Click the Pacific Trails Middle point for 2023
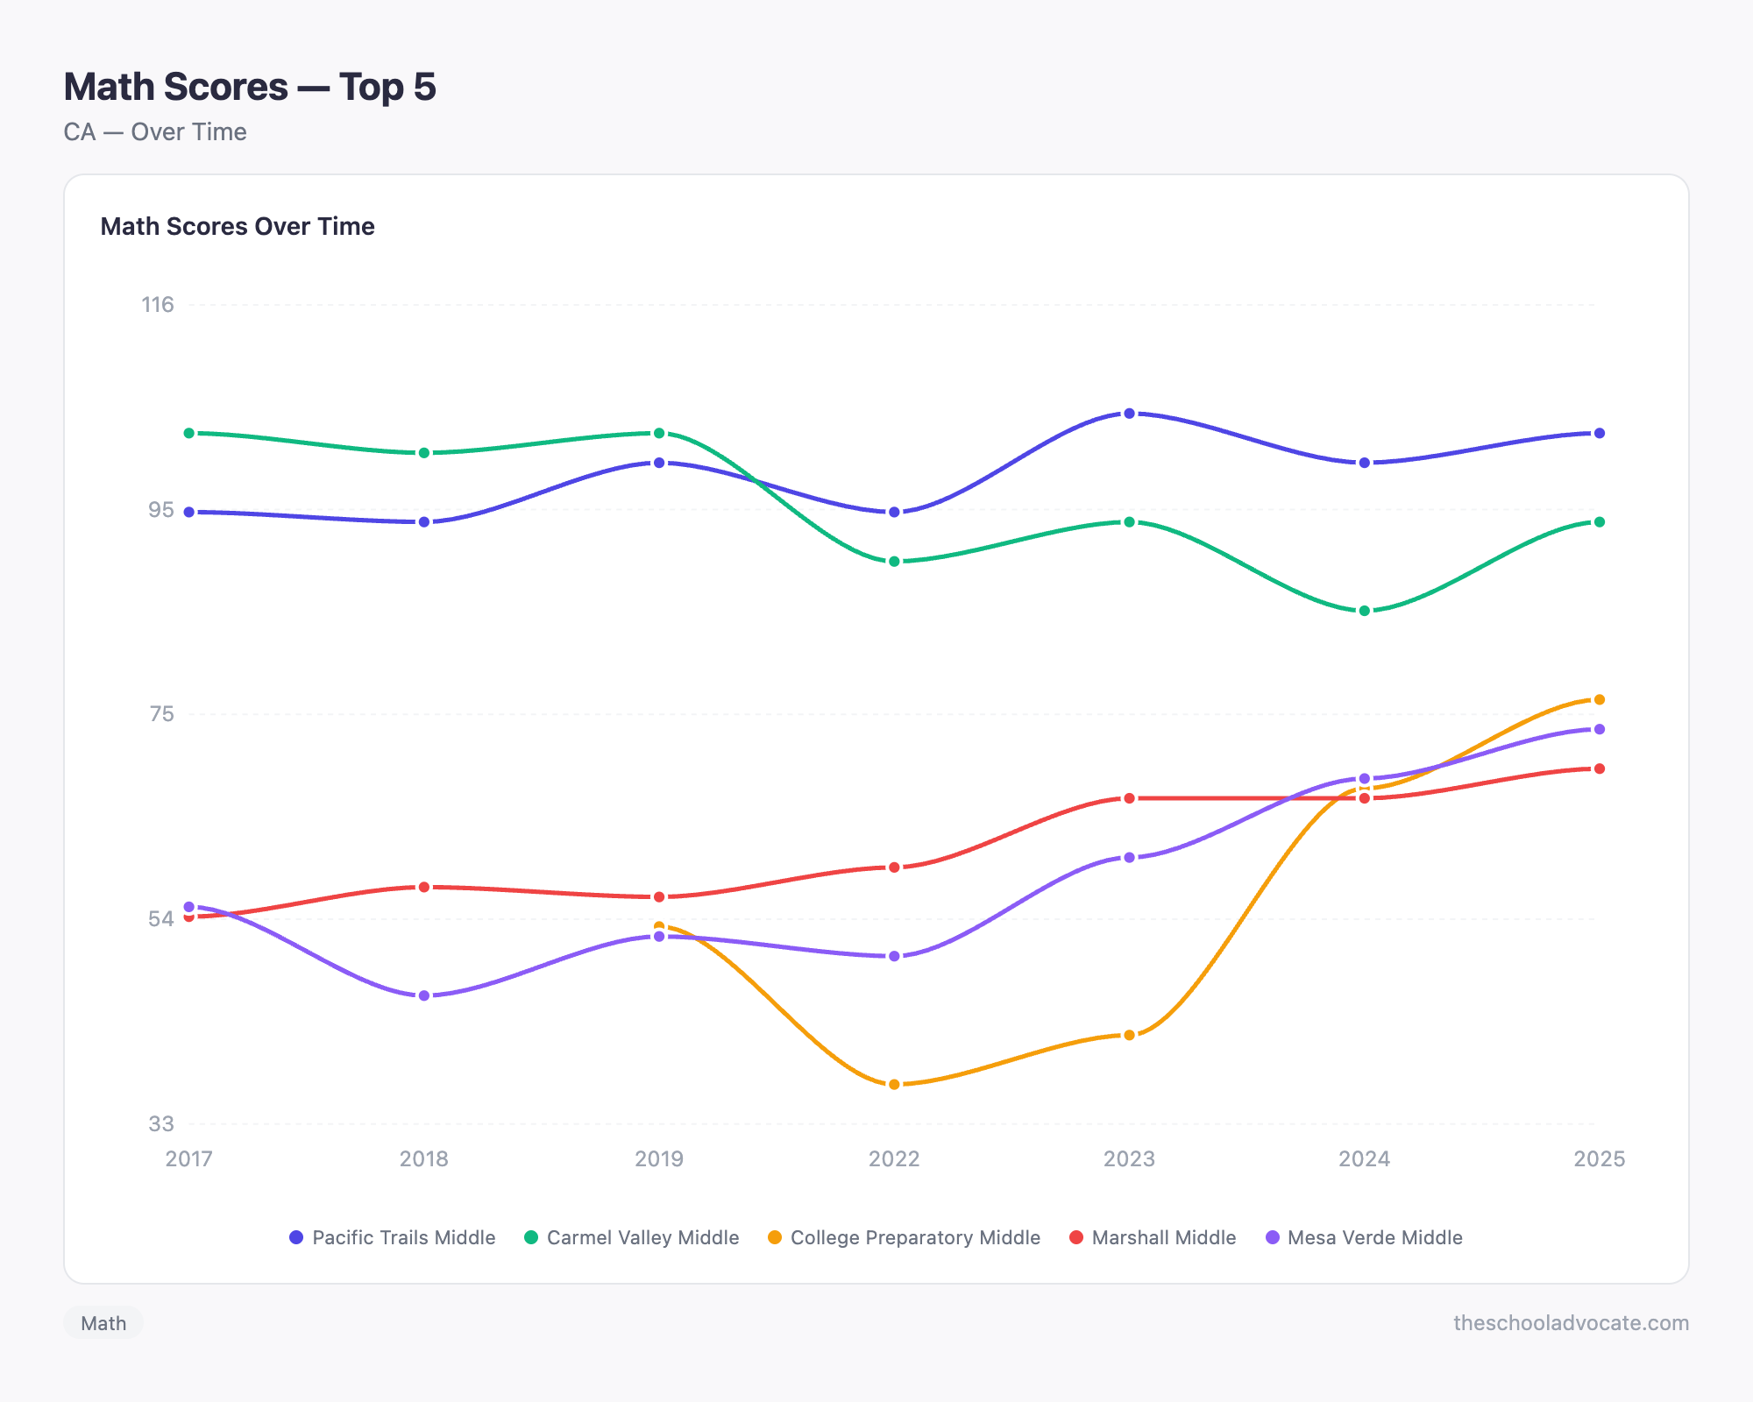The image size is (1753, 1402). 1129,414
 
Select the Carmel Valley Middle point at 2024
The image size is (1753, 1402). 1364,611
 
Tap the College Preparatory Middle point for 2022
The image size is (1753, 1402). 894,1085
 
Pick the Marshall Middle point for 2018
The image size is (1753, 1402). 424,888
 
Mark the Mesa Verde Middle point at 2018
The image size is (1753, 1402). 424,996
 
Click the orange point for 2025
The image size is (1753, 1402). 1599,700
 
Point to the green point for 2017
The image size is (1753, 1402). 189,434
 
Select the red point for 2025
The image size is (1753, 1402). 1599,769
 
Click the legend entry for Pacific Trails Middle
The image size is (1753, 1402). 393,1238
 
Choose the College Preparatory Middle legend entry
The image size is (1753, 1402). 904,1238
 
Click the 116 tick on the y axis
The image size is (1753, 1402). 159,305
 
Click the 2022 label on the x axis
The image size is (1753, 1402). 894,1159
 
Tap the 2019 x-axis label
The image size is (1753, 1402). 659,1159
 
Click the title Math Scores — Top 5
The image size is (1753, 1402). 250,87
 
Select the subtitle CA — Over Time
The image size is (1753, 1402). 155,132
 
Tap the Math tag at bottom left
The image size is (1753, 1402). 103,1323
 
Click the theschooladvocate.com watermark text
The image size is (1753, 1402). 1571,1323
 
